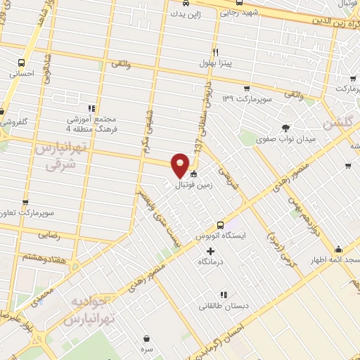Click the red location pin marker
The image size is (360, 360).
(181, 165)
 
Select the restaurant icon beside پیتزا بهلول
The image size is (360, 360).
(216, 51)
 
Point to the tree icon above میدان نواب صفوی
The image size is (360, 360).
(285, 128)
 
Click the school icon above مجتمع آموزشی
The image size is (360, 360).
(91, 108)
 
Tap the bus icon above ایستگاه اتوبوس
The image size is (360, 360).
(220, 226)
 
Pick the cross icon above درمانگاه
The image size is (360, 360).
(210, 251)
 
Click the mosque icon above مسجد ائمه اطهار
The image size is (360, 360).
(339, 249)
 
